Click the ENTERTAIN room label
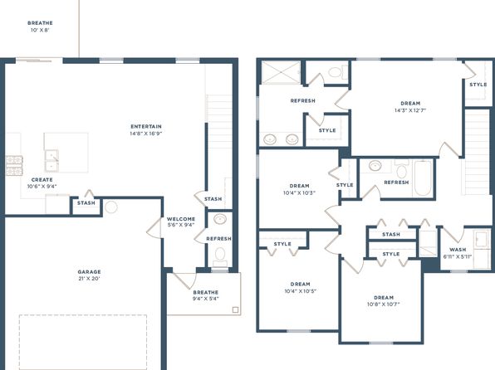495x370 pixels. (146, 126)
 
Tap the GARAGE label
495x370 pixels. (90, 271)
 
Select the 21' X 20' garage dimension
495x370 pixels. (90, 279)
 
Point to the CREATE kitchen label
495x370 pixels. (42, 179)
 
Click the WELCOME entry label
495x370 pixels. (181, 218)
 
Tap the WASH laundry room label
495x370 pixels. (458, 250)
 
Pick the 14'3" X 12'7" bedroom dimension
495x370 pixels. (410, 110)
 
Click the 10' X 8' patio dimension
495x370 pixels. (40, 30)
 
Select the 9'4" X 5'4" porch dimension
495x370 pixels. (205, 299)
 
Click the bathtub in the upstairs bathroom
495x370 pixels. (423, 178)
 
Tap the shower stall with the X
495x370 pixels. (281, 73)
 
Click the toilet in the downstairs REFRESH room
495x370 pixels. (220, 256)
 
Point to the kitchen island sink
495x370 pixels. (51, 161)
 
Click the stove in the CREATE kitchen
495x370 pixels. (14, 166)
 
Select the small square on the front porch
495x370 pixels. (235, 309)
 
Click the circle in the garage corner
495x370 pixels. (111, 207)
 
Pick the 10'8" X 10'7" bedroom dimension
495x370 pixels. (384, 304)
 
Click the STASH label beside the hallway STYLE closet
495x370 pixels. (391, 235)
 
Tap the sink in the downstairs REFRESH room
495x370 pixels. (220, 219)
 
